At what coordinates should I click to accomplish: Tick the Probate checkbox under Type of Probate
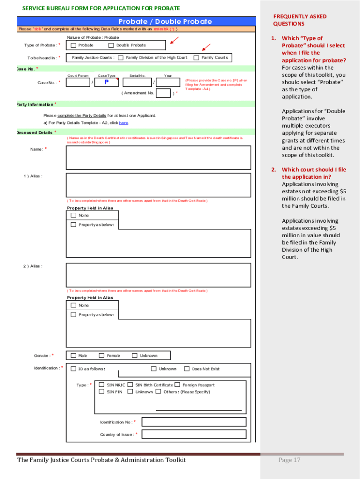[73, 45]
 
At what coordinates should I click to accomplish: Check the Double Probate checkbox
[111, 45]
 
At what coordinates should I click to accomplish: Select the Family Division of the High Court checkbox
[121, 58]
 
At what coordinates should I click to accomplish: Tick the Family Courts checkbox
[196, 58]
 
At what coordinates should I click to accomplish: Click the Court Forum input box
[78, 83]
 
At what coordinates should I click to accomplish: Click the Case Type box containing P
[106, 83]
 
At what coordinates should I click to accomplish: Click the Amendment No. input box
[163, 93]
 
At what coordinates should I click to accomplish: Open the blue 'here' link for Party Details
[123, 123]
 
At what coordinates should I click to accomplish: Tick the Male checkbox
[73, 356]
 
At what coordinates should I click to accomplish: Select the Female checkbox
[101, 356]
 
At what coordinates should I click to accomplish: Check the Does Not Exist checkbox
[187, 369]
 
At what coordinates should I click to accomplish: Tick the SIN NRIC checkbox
[101, 385]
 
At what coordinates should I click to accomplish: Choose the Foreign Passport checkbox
[177, 385]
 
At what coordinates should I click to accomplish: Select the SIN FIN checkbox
[101, 392]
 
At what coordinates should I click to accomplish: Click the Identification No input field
[194, 422]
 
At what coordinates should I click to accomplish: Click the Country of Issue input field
[194, 434]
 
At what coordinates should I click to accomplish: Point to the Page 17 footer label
[289, 460]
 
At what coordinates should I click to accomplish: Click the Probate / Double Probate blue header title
[165, 22]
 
